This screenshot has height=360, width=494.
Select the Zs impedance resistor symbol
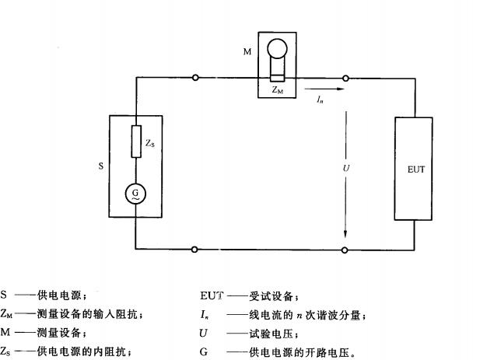(136, 143)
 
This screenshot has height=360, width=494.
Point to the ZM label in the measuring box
(277, 90)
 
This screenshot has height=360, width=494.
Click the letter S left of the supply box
(100, 166)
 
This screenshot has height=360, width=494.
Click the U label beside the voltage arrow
(335, 166)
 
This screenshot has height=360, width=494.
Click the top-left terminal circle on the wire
(195, 78)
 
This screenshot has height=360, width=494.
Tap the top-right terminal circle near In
(345, 78)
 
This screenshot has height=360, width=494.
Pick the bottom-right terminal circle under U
(345, 250)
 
